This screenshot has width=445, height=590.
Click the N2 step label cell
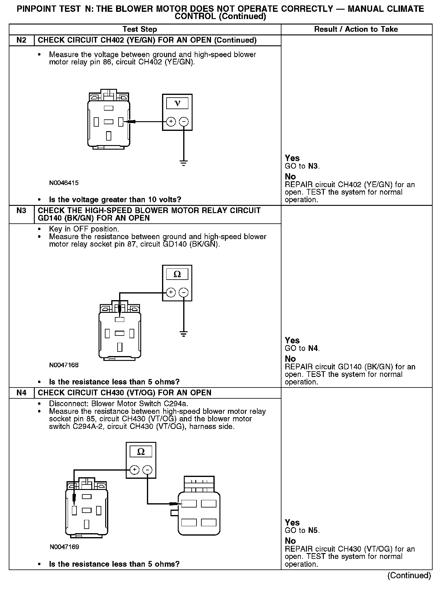(21, 40)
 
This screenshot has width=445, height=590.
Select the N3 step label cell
(21, 211)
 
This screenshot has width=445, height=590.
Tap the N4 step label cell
(21, 393)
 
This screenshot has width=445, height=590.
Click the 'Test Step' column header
(140, 29)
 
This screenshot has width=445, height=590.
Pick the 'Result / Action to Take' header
(356, 29)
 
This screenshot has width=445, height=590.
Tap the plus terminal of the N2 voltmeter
(171, 122)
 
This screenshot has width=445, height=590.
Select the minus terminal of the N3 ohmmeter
(184, 292)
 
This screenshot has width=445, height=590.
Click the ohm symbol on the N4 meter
(141, 452)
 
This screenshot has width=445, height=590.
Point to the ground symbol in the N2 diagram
(184, 163)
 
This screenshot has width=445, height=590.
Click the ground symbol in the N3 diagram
(184, 334)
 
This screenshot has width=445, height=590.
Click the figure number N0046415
(64, 183)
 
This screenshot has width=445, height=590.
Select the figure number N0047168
(64, 365)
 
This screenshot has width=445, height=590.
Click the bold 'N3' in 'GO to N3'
(313, 166)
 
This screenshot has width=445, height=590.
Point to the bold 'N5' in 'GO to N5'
(313, 530)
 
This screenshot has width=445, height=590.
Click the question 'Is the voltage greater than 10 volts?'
(115, 200)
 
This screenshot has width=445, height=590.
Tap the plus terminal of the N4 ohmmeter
(135, 470)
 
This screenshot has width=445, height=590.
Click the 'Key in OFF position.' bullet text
(84, 229)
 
